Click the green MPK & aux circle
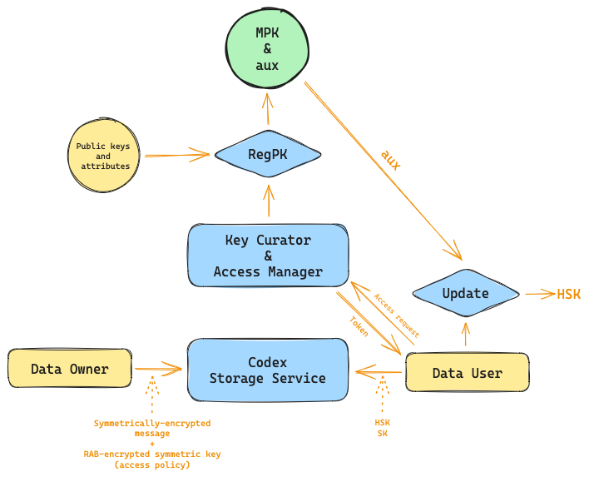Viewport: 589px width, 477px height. [x=268, y=47]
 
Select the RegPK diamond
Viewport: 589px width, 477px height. [x=268, y=154]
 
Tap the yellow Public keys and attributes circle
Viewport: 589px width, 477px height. [x=103, y=156]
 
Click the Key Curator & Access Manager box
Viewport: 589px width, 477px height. [x=268, y=256]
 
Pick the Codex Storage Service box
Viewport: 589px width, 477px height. [x=268, y=370]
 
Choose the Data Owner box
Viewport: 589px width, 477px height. [x=70, y=369]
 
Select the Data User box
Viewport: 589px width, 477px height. [x=467, y=373]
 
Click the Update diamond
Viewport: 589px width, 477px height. [x=465, y=294]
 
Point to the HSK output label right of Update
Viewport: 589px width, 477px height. [x=569, y=294]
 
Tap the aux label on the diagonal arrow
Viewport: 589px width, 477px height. [x=391, y=159]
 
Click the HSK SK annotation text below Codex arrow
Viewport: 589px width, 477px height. [x=383, y=427]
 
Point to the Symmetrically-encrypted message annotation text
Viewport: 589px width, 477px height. [x=152, y=428]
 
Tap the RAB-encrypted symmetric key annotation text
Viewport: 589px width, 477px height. [x=152, y=459]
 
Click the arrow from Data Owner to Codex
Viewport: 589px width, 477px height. [x=158, y=367]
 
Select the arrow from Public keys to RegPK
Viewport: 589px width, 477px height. [x=176, y=154]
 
